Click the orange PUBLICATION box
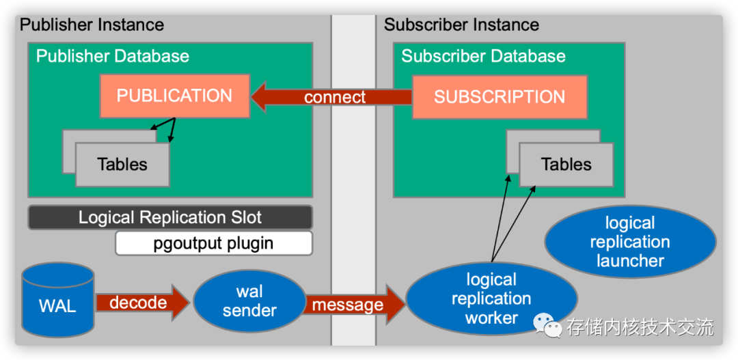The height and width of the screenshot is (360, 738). pos(174,96)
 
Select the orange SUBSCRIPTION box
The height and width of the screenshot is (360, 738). pos(500,97)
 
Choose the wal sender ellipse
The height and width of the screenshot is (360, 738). pos(249,301)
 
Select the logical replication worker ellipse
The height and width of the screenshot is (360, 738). pos(491,299)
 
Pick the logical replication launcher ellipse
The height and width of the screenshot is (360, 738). pos(630,242)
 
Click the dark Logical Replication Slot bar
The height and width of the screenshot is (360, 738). pos(170,218)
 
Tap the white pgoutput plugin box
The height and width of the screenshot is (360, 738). pos(213,243)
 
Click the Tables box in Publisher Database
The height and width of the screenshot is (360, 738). pos(122,165)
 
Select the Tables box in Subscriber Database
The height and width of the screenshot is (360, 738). pos(566,165)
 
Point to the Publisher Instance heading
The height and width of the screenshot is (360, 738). pos(92,25)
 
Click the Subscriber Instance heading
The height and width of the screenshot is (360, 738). pos(461,25)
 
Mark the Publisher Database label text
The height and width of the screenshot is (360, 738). pos(113,56)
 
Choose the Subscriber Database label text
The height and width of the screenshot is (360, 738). pos(483,56)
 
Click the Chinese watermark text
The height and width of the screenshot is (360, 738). pos(640,327)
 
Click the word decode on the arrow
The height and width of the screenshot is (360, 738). pos(138,303)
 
